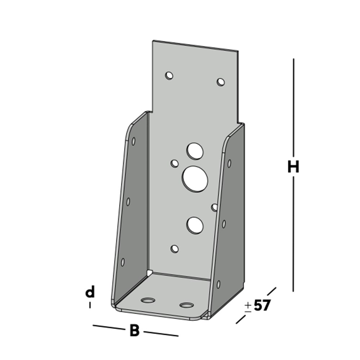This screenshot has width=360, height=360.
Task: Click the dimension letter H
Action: tap(293, 167)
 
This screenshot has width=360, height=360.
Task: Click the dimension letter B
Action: tap(134, 330)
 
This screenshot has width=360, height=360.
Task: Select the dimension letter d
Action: tap(90, 293)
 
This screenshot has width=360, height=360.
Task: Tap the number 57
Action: tap(262, 306)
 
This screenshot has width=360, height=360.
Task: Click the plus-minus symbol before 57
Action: tap(248, 306)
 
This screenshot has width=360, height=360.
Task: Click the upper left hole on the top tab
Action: tap(169, 76)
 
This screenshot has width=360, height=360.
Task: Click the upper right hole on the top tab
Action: tap(221, 82)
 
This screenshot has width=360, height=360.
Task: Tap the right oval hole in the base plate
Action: tap(186, 305)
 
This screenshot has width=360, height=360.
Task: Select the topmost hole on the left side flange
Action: tap(134, 141)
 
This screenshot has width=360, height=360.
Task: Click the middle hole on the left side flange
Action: tap(128, 202)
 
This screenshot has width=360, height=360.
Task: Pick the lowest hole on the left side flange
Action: tap(122, 262)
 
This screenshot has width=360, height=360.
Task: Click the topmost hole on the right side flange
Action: tap(229, 163)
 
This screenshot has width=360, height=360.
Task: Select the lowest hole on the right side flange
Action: tap(218, 284)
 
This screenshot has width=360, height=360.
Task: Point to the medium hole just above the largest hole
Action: tap(195, 151)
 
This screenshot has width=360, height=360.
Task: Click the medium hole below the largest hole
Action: tap(195, 225)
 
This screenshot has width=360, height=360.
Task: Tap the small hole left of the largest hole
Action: tap(175, 163)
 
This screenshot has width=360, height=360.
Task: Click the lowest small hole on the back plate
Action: tap(175, 248)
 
